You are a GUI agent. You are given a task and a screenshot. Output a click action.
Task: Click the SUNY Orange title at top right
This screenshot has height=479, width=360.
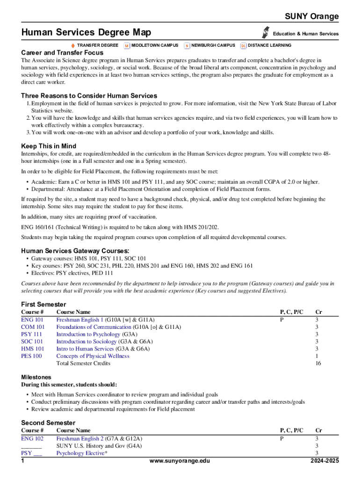click(312, 17)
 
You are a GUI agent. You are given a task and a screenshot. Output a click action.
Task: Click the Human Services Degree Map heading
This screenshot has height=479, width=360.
click(86, 32)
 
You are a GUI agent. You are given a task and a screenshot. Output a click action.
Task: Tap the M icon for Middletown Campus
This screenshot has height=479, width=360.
click(127, 45)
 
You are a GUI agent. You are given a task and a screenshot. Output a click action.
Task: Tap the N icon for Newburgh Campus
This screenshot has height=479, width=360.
click(187, 45)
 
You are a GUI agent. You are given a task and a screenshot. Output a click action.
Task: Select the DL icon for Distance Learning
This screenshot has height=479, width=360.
click(243, 45)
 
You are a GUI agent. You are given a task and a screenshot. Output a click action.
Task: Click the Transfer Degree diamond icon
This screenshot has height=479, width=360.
click(73, 45)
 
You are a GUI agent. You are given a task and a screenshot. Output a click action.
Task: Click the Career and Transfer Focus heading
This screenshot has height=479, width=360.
click(62, 53)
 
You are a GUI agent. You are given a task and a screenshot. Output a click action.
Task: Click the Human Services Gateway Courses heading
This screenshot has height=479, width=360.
click(75, 251)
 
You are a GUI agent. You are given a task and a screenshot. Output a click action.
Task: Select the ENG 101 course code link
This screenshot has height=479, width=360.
click(32, 320)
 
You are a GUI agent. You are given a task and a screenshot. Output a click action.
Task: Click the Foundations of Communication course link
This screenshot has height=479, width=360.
click(94, 327)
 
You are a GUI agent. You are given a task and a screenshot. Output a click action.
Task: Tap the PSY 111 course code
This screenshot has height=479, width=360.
click(31, 334)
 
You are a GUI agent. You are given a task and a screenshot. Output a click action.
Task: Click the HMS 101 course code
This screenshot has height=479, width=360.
click(33, 349)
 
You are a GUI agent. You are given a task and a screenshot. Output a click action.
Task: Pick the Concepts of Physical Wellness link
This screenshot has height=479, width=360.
click(93, 356)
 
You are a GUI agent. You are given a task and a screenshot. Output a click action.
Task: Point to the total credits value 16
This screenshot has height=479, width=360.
click(318, 363)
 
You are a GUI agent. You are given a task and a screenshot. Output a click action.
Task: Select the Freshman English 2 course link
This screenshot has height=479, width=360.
click(80, 439)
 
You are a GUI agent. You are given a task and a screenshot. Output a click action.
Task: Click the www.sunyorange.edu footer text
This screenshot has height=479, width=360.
click(180, 461)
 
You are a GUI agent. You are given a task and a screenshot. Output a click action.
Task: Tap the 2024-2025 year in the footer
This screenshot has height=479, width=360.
click(324, 461)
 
